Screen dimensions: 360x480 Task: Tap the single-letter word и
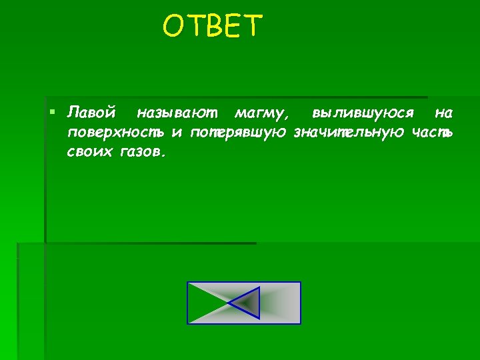click(177, 132)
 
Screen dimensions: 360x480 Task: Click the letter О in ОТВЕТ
click(173, 27)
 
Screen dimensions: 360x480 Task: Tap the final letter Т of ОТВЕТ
click(254, 27)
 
